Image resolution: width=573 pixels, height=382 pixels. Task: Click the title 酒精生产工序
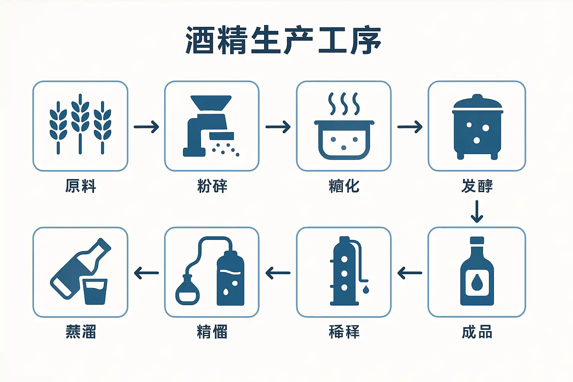[x=284, y=40]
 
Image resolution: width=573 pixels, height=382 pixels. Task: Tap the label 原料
[x=81, y=186]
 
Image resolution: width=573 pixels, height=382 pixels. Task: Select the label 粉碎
[x=212, y=186]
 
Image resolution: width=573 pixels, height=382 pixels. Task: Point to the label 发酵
[x=477, y=186]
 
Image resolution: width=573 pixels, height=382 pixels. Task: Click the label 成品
[x=477, y=332]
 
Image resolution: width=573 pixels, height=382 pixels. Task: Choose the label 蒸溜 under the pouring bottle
[x=81, y=332]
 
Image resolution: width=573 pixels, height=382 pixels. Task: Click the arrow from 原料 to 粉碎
[x=146, y=127]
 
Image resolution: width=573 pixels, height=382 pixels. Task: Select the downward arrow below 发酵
[x=477, y=212]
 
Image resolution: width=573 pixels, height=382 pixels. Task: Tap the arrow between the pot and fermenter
[x=410, y=127]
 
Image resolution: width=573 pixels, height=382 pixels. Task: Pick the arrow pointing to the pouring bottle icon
[x=146, y=273]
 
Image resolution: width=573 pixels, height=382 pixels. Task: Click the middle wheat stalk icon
[x=80, y=123]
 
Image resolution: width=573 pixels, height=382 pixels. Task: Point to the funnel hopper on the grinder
[x=211, y=103]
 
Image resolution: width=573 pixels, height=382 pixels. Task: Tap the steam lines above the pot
[x=344, y=104]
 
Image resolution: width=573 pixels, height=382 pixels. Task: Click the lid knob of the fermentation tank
[x=477, y=98]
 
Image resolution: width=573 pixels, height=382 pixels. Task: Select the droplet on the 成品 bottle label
[x=477, y=282]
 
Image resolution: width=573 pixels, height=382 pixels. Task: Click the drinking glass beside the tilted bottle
[x=95, y=291]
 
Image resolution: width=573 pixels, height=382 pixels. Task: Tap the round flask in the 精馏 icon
[x=187, y=291]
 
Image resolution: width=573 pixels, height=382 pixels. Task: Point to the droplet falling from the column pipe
[x=366, y=289]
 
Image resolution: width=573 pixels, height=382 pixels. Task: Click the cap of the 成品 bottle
[x=477, y=241]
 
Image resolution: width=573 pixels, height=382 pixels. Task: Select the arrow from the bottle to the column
[x=410, y=273]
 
